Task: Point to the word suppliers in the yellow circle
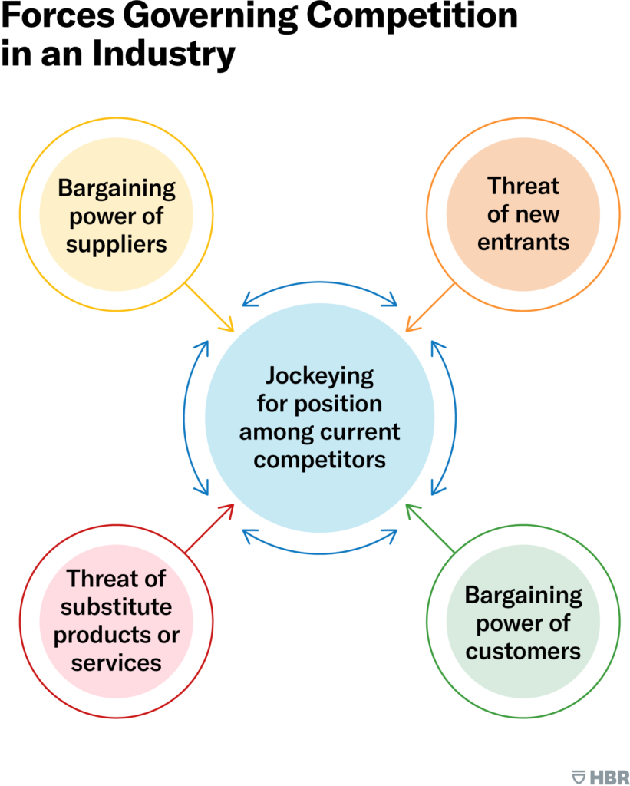pyautogui.click(x=116, y=244)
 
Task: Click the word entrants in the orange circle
pyautogui.click(x=523, y=243)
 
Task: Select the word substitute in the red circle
pyautogui.click(x=117, y=608)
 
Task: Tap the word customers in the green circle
pyautogui.click(x=523, y=651)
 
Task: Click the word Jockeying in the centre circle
pyautogui.click(x=319, y=376)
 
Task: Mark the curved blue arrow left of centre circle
pyautogui.click(x=188, y=418)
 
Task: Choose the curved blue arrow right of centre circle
pyautogui.click(x=452, y=418)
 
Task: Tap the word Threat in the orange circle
pyautogui.click(x=523, y=187)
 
